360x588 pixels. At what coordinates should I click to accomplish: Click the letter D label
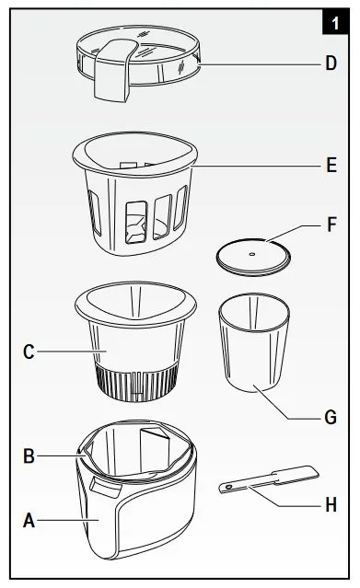(331, 63)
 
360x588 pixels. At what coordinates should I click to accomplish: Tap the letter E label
(331, 165)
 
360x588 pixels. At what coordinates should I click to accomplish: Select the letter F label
(331, 225)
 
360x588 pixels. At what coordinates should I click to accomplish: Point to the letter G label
(331, 418)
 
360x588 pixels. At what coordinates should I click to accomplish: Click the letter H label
(331, 505)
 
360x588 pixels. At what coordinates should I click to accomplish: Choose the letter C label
(29, 352)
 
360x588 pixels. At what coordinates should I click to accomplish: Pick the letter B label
(29, 456)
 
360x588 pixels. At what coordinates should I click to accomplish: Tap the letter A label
(29, 521)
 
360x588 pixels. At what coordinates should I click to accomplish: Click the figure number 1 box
(335, 23)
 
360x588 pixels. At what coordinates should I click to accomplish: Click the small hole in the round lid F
(252, 254)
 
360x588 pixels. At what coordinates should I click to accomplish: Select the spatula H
(269, 478)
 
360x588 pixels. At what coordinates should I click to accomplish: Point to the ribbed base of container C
(136, 383)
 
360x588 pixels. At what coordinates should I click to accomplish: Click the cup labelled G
(254, 342)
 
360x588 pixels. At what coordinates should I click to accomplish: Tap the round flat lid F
(253, 258)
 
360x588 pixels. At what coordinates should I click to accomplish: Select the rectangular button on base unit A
(106, 489)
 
